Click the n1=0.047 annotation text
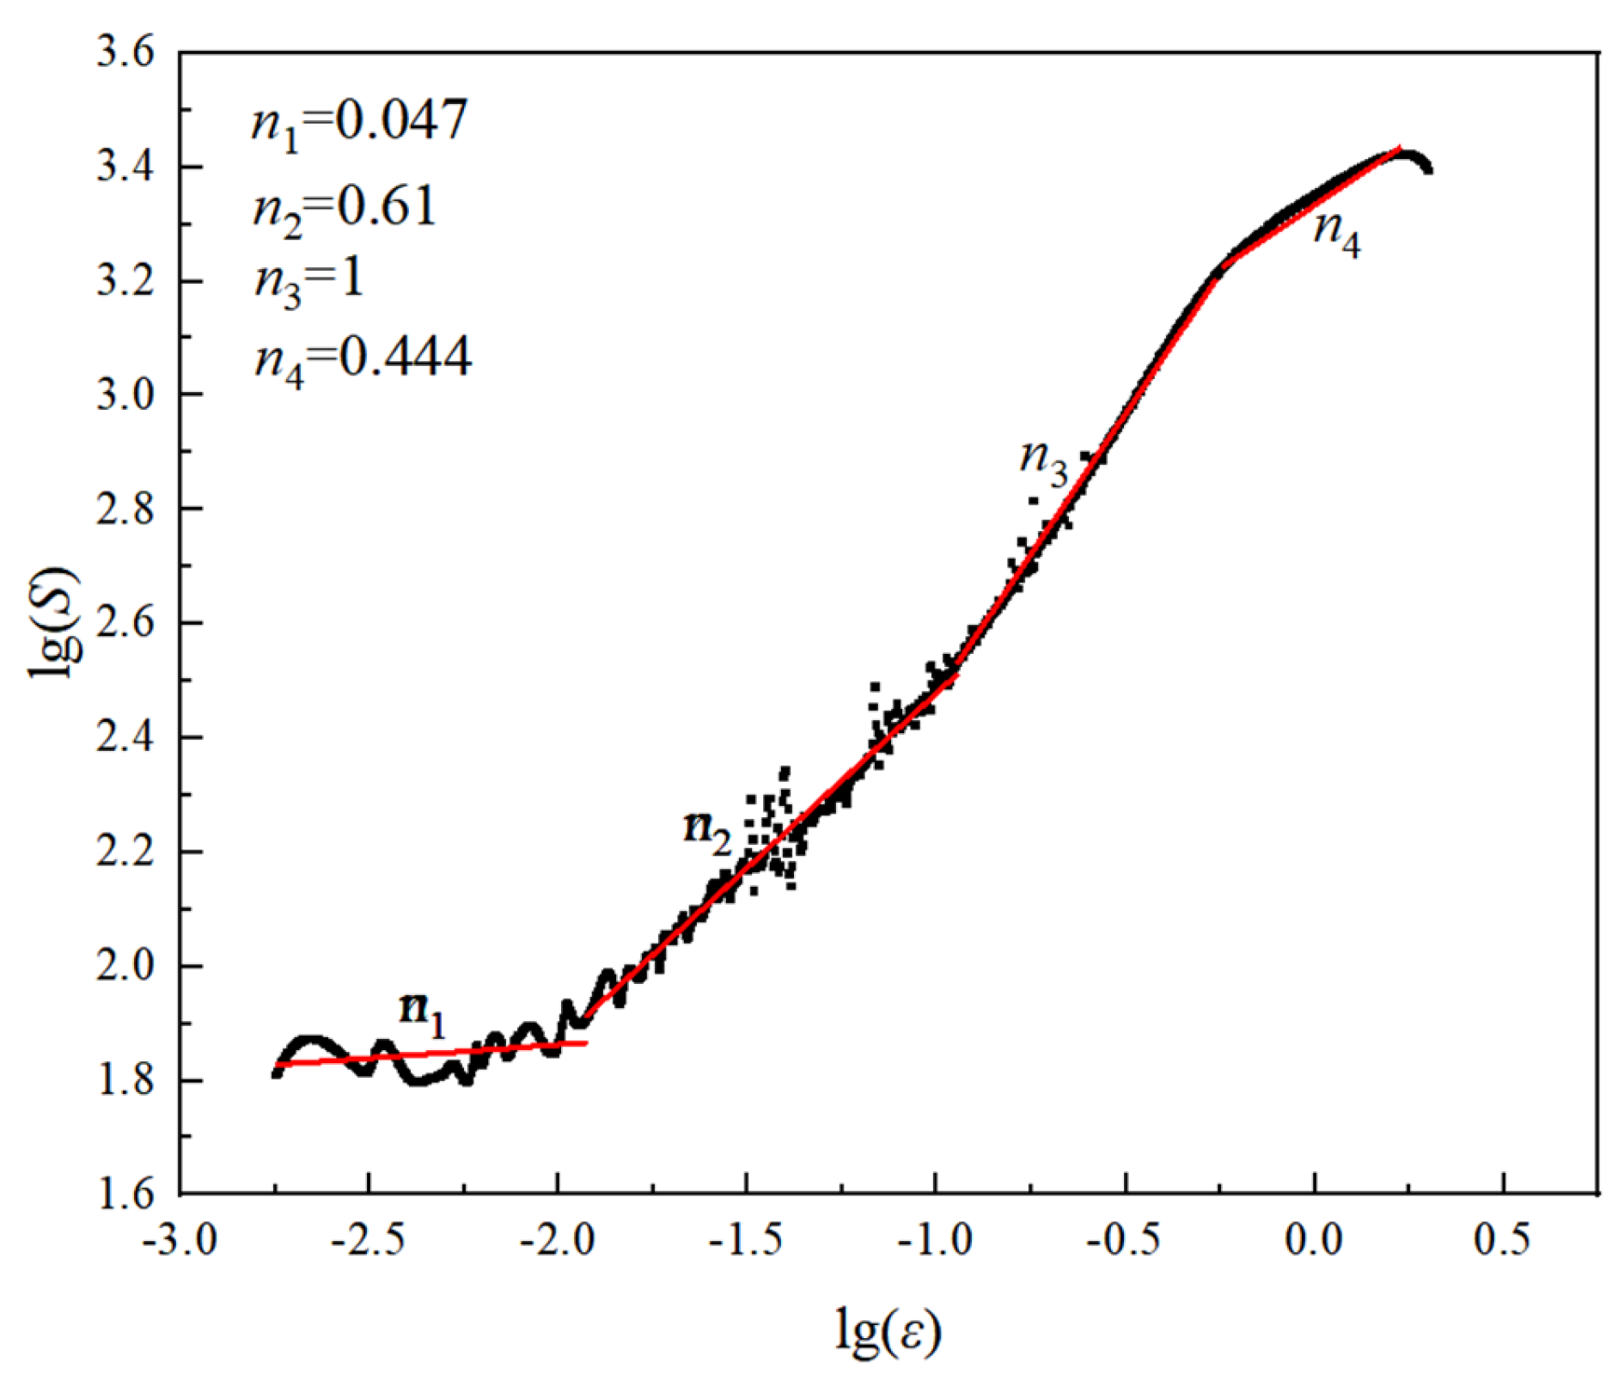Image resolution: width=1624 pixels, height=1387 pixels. tap(360, 122)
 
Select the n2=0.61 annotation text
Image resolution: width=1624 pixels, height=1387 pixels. tap(345, 209)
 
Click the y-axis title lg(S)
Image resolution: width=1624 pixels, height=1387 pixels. tap(56, 623)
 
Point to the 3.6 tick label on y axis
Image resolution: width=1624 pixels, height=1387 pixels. tap(125, 53)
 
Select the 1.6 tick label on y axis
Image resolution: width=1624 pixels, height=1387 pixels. tap(125, 1195)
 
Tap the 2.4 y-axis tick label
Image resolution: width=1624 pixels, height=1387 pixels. tap(125, 738)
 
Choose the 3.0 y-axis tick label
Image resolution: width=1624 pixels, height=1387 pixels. tap(125, 396)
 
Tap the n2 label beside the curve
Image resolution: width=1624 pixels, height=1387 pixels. tap(707, 831)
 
